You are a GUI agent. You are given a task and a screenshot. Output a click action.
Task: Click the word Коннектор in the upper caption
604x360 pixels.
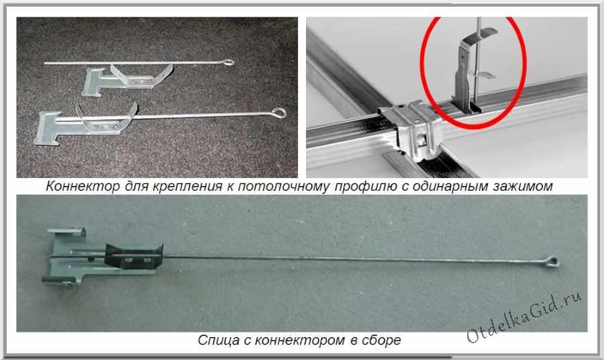point(83,186)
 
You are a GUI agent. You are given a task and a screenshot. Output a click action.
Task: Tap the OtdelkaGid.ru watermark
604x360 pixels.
point(524,317)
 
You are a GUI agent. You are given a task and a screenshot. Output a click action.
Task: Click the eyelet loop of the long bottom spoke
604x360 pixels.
point(553,262)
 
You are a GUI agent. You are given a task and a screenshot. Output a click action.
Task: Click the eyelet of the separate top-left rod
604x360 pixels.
point(229,62)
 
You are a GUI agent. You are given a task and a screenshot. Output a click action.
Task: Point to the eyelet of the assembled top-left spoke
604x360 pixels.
point(279,113)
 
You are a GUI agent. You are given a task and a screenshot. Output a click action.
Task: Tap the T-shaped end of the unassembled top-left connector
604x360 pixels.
point(93,81)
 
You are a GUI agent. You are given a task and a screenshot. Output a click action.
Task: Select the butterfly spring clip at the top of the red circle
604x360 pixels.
point(480,37)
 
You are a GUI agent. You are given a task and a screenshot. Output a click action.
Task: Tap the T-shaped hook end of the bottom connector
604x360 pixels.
point(64,257)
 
